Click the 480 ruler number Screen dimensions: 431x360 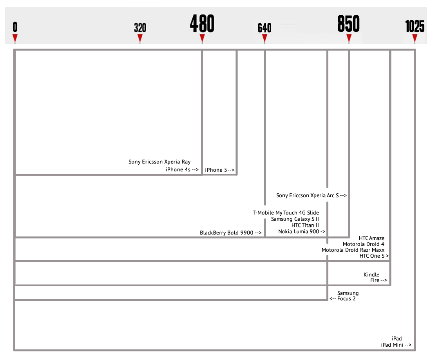[202, 24]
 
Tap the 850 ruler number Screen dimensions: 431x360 [349, 24]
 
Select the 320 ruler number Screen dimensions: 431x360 [140, 28]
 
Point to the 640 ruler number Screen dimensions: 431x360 [264, 28]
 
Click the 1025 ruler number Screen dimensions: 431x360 [415, 26]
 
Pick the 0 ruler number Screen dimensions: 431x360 [15, 27]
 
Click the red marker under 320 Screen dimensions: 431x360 [140, 38]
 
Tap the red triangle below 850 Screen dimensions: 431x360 [349, 38]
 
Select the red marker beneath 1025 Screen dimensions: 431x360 [415, 38]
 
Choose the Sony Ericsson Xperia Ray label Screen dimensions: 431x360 [159, 162]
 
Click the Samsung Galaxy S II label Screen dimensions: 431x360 [295, 219]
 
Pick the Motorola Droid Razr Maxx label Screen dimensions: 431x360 [353, 250]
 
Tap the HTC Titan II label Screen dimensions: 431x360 [305, 225]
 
